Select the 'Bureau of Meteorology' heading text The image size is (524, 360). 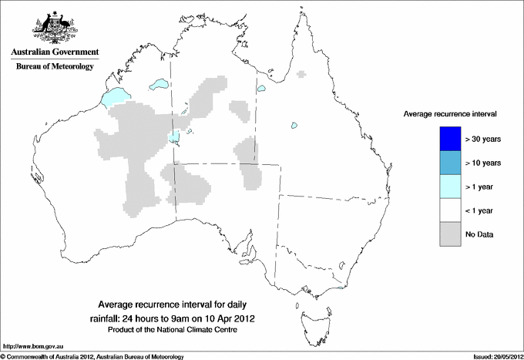(x=55, y=66)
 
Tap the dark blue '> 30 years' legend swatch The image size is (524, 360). (x=449, y=139)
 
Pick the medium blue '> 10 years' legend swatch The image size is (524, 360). (x=449, y=163)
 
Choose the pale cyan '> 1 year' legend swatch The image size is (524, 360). (x=449, y=186)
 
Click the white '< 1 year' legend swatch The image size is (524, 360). (x=449, y=210)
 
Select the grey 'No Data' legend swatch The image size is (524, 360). (x=449, y=233)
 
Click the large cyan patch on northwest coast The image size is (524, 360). (x=114, y=98)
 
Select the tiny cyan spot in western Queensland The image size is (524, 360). (x=294, y=126)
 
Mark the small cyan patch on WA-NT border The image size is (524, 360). (x=176, y=137)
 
